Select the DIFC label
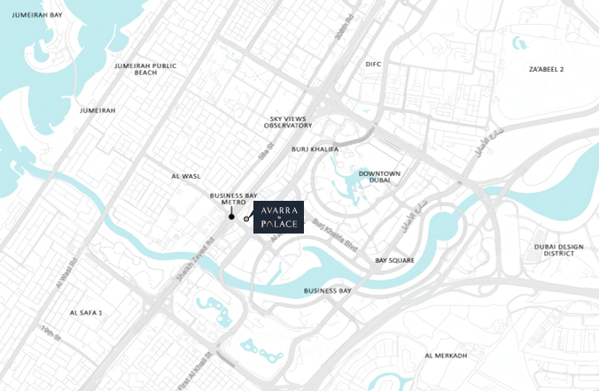(x=372, y=65)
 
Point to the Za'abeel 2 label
(x=547, y=69)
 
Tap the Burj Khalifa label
(x=310, y=149)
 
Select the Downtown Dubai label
(x=380, y=177)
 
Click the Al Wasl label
(x=187, y=176)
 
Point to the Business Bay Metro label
(x=232, y=198)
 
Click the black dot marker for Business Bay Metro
(x=232, y=217)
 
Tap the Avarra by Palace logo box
(x=279, y=217)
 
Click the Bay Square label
(x=395, y=261)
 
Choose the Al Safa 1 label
(x=86, y=312)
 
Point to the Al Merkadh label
(x=445, y=356)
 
